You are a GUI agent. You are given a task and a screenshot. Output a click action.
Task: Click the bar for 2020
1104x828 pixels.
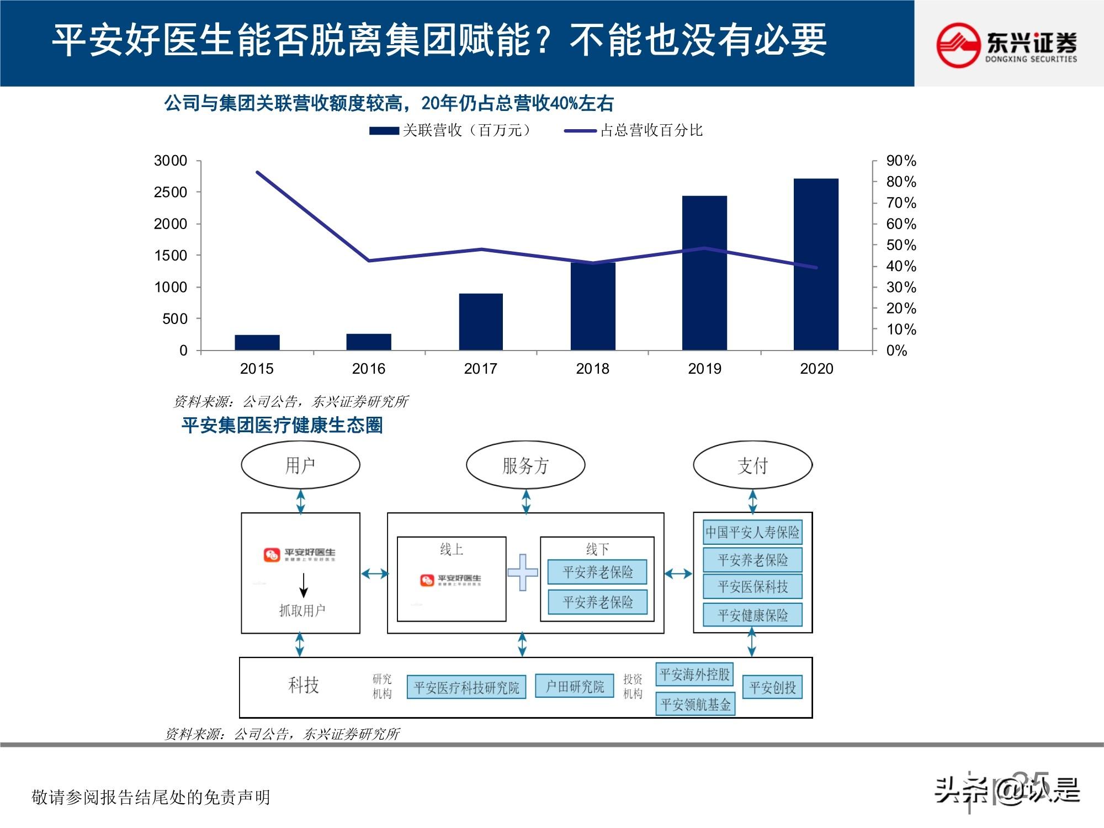816,264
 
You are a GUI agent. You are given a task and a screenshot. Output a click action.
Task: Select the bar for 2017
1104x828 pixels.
481,322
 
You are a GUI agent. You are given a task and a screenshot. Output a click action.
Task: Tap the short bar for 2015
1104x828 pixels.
257,342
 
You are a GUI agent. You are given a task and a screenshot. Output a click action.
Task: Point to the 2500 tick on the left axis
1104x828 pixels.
171,193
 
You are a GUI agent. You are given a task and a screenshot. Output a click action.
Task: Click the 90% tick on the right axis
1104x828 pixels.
901,161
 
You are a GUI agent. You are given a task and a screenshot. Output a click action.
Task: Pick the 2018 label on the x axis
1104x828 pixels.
592,369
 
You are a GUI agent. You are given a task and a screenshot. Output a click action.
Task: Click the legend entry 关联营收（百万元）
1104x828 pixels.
451,131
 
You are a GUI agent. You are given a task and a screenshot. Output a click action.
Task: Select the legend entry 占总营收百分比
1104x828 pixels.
634,131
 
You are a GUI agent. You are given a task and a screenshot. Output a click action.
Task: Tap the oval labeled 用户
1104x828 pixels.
300,465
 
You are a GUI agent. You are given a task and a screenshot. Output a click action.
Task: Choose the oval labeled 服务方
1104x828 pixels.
526,465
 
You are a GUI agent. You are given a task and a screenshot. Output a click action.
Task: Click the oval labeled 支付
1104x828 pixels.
752,465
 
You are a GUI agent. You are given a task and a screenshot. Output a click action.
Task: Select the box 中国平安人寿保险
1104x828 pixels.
752,532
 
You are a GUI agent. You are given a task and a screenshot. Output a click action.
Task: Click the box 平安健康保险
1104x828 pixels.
752,615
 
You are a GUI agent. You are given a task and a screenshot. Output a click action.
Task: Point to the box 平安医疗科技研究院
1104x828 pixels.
466,687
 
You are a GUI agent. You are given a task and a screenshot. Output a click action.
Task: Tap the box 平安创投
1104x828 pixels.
772,687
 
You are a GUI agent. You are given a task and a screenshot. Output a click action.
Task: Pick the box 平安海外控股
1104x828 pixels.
694,674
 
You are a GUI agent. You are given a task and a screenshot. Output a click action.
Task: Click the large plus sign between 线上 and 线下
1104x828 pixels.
522,572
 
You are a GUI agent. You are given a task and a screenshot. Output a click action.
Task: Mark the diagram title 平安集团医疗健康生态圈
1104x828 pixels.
282,426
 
